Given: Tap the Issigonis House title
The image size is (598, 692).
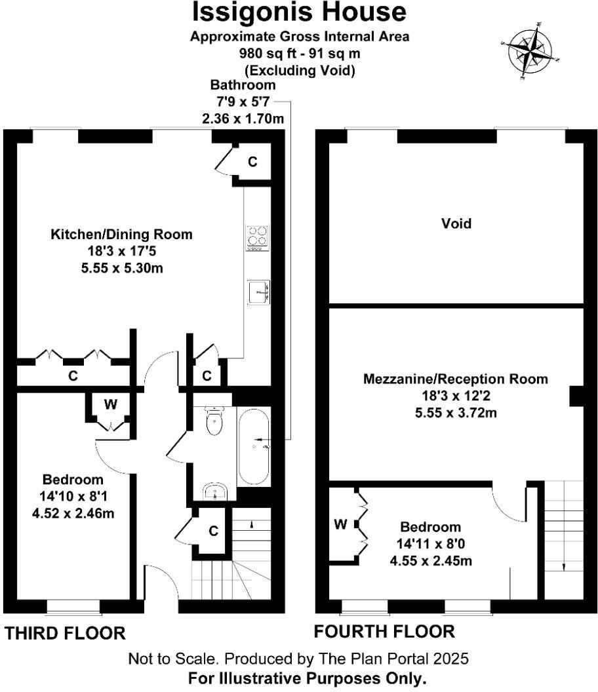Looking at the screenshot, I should coord(299,12).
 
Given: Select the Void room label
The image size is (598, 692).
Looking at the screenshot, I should coord(456,223).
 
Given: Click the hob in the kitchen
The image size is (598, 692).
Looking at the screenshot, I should coord(257,239).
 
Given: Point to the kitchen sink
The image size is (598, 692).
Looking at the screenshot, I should coord(258,292).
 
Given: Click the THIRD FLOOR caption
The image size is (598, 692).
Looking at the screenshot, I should coord(65,633).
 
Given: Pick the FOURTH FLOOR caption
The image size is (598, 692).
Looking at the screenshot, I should coord(384,632).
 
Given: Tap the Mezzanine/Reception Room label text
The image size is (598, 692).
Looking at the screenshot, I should coord(456,379).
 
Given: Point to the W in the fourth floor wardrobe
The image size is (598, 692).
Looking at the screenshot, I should coord(340,524).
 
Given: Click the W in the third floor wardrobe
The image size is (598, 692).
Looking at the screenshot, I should coord(111,404).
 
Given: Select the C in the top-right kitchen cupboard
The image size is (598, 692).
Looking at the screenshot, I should coord(252,161).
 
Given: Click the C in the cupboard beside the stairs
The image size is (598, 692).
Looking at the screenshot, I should coord(213,531).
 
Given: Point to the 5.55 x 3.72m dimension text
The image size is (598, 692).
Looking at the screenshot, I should coord(456,413).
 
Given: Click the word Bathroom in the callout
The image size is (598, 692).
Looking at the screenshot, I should coord(243,85).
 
